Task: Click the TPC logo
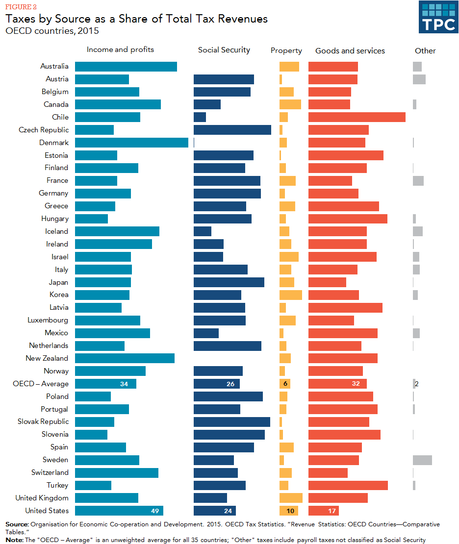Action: point(438,17)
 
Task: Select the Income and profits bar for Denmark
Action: point(131,143)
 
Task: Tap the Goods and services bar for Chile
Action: point(357,117)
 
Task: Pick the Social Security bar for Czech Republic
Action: point(232,130)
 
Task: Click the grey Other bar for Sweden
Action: point(422,460)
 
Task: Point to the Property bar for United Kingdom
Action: point(291,498)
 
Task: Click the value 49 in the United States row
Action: point(155,511)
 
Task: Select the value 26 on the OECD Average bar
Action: point(230,384)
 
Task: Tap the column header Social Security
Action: point(224,50)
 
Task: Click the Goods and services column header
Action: point(350,51)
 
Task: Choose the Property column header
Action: point(286,51)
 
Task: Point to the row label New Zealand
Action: point(47,358)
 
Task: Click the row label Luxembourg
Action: point(48,320)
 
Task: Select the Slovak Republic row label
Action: point(43,421)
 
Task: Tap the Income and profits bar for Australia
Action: point(126,66)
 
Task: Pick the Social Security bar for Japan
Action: point(229,282)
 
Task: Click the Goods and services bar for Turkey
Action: point(348,485)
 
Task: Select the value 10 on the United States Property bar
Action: point(290,511)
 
